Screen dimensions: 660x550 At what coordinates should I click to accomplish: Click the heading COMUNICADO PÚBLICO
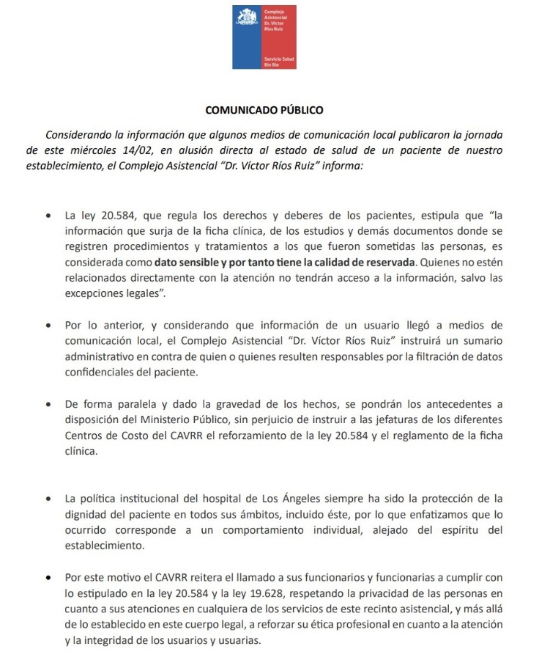[264, 111]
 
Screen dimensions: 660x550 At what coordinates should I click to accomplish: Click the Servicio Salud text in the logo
[279, 56]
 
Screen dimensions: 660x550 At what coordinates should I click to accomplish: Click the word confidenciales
[103, 372]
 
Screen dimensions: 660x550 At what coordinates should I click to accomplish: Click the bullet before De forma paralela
[48, 404]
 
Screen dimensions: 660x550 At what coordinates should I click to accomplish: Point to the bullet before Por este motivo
[48, 560]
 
